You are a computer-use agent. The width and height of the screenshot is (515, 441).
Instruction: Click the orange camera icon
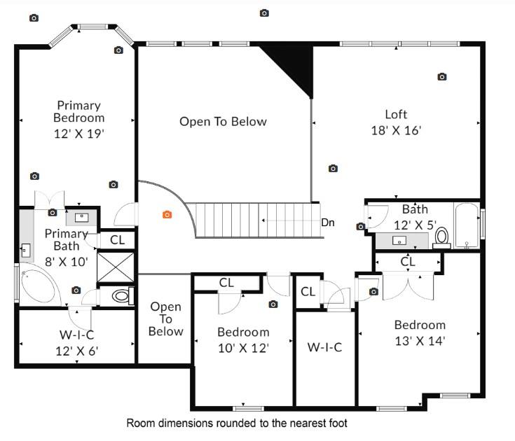(x=167, y=215)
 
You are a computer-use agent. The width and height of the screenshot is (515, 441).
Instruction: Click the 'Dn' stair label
(x=327, y=223)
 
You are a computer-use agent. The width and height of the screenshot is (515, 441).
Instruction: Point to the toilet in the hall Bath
(x=441, y=238)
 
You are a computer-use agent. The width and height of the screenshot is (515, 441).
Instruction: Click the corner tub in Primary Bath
(x=39, y=286)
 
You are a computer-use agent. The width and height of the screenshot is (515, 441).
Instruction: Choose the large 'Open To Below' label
(x=223, y=122)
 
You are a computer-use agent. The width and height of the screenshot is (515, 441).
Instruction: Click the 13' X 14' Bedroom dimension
(x=420, y=341)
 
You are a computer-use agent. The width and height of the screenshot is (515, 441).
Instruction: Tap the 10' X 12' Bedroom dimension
(x=243, y=346)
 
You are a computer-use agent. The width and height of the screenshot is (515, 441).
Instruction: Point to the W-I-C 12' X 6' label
(x=77, y=344)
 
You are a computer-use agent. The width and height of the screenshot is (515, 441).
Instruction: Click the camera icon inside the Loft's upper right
(x=442, y=77)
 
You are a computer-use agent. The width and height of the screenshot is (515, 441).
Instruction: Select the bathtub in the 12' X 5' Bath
(x=467, y=226)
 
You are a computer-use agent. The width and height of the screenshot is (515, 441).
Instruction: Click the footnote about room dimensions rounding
(x=236, y=423)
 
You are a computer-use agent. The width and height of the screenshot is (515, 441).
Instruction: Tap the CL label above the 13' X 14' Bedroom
(x=408, y=262)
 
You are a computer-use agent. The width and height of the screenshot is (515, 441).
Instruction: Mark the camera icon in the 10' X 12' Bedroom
(x=273, y=304)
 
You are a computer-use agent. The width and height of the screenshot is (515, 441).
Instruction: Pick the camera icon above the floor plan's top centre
(x=264, y=13)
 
